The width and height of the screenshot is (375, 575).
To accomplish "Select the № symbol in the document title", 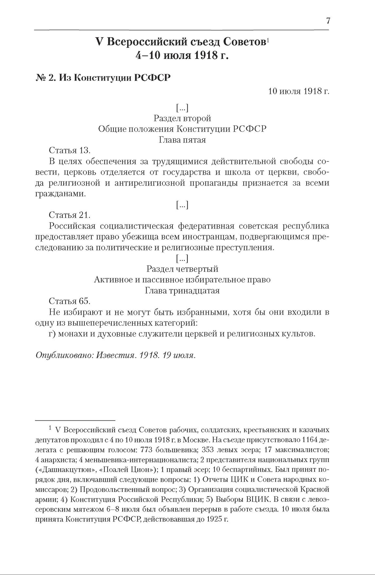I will pyautogui.click(x=41, y=78).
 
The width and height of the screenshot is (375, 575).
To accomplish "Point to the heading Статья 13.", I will pyautogui.click(x=69, y=150).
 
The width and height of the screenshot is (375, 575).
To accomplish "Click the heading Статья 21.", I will pyautogui.click(x=69, y=215).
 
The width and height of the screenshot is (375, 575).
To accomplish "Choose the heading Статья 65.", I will pyautogui.click(x=69, y=301).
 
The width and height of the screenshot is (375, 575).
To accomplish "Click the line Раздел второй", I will pyautogui.click(x=182, y=118).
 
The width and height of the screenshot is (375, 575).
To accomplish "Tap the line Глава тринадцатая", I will pyautogui.click(x=182, y=291).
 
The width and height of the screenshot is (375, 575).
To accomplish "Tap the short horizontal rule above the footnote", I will pyautogui.click(x=75, y=420).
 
